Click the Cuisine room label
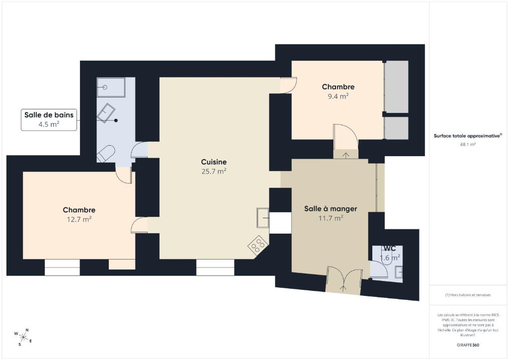[x=214, y=162]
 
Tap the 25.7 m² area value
[x=214, y=171]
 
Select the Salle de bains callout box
[x=49, y=120]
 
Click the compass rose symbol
[x=23, y=337]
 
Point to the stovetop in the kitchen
[x=258, y=244]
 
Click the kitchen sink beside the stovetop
[x=262, y=218]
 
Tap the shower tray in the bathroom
[x=111, y=88]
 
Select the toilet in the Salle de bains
[x=106, y=154]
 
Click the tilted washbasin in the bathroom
[x=106, y=113]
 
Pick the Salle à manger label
[x=331, y=209]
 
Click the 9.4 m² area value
[x=338, y=96]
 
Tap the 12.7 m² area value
[x=79, y=219]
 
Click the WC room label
[x=390, y=248]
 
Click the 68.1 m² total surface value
[x=468, y=145]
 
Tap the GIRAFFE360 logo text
[x=468, y=345]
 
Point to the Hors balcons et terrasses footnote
[x=468, y=295]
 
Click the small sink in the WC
[x=399, y=272]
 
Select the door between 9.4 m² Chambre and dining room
[x=346, y=136]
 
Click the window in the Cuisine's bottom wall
[x=215, y=268]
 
